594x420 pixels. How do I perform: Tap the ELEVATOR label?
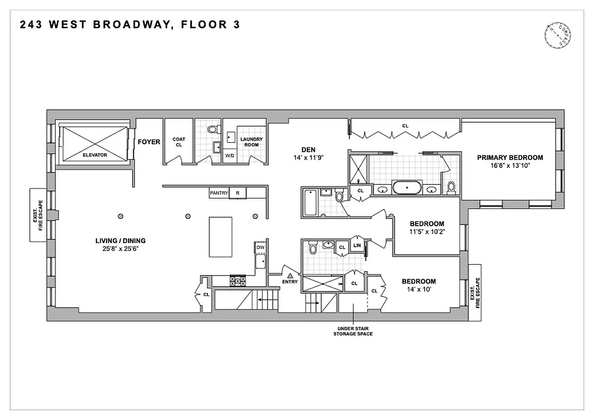tap(94, 155)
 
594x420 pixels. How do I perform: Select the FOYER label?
tap(149, 142)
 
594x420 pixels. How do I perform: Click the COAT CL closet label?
tap(179, 142)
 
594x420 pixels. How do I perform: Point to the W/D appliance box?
tap(229, 156)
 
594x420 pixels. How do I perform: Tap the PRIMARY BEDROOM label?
tap(510, 157)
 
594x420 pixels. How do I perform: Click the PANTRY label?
tap(219, 193)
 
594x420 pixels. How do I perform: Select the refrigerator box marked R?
tap(238, 193)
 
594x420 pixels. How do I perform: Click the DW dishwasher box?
tap(260, 247)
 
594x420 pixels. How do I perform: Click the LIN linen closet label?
tap(357, 245)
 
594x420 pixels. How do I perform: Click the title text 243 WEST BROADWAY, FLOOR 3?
tap(130, 25)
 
